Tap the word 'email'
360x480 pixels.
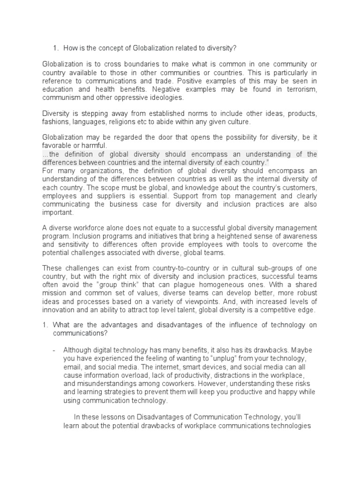[x=72, y=367]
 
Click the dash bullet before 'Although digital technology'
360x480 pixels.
[x=54, y=350]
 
